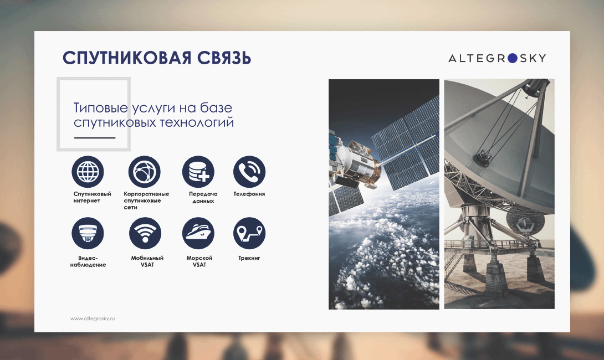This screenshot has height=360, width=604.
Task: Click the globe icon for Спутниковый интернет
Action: click(88, 172)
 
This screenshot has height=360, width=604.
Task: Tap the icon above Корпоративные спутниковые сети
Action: click(145, 172)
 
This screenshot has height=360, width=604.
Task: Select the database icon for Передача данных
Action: click(198, 172)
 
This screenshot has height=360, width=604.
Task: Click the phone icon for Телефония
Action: click(249, 172)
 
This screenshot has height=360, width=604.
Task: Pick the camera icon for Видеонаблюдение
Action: click(88, 233)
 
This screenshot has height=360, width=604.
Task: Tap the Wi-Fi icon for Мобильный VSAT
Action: click(145, 233)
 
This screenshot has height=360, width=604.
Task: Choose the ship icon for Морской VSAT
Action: click(198, 233)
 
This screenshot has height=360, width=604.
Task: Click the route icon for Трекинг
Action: click(249, 233)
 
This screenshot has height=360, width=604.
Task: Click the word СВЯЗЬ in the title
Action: click(224, 58)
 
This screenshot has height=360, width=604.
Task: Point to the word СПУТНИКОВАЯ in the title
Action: click(127, 58)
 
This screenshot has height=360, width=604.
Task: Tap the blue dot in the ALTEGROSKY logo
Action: click(513, 58)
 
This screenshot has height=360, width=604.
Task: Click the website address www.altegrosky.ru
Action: click(93, 318)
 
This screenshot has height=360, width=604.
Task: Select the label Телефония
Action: click(249, 194)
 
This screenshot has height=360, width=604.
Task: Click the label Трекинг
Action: click(249, 258)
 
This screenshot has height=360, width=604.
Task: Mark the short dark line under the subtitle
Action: click(95, 137)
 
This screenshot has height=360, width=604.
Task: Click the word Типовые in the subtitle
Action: click(100, 108)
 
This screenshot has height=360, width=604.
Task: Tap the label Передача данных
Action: click(203, 197)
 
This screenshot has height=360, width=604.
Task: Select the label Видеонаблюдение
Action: click(88, 261)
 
